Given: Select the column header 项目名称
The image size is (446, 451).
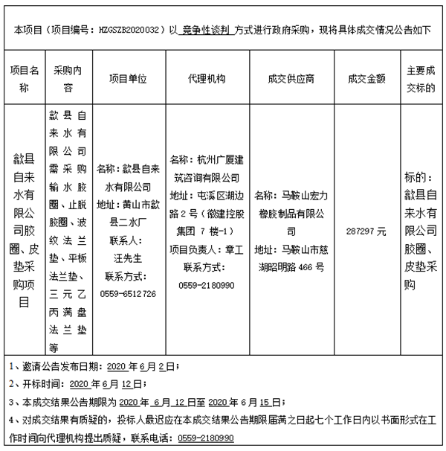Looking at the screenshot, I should coord(24,78).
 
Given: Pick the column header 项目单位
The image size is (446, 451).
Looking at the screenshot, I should coord(128,78).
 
